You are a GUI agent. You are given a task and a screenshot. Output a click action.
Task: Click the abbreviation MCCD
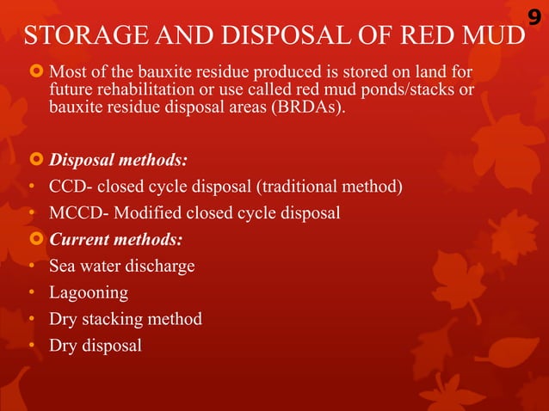pyautogui.click(x=73, y=213)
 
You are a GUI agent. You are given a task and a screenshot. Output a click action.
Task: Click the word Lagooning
pyautogui.click(x=89, y=292)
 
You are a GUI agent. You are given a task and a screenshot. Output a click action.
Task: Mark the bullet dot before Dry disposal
pyautogui.click(x=31, y=347)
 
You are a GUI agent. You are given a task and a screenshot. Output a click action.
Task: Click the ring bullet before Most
pyautogui.click(x=35, y=70)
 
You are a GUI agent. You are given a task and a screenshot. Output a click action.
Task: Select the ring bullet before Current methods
pyautogui.click(x=35, y=239)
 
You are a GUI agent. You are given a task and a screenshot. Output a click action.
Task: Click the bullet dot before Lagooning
pyautogui.click(x=31, y=293)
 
